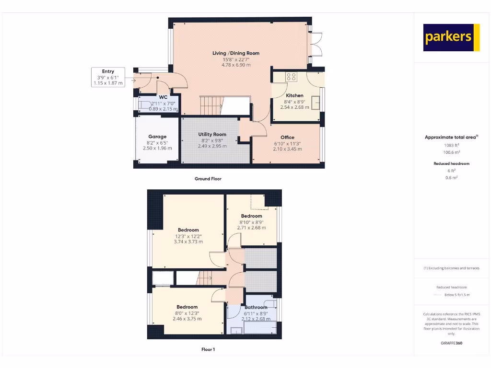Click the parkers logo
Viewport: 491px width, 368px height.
tap(451, 37)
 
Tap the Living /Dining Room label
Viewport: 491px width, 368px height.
tap(236, 53)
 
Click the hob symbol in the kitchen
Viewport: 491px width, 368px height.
tap(291, 76)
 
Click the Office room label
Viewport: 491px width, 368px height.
tap(287, 138)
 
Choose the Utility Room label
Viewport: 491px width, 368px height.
tap(212, 134)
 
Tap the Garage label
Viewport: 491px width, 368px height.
tap(157, 137)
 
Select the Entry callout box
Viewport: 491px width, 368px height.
tap(108, 77)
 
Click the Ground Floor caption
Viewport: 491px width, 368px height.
tap(208, 179)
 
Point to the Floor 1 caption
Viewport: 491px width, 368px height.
tap(208, 349)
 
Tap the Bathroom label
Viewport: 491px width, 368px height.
tap(256, 307)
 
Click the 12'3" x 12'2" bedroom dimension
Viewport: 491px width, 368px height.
tap(188, 236)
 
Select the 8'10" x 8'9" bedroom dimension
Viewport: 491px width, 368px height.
tap(252, 222)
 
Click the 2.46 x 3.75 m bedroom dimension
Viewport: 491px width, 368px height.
tap(187, 319)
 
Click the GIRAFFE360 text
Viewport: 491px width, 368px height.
tap(452, 343)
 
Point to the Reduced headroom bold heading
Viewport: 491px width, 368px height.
tap(452, 163)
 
